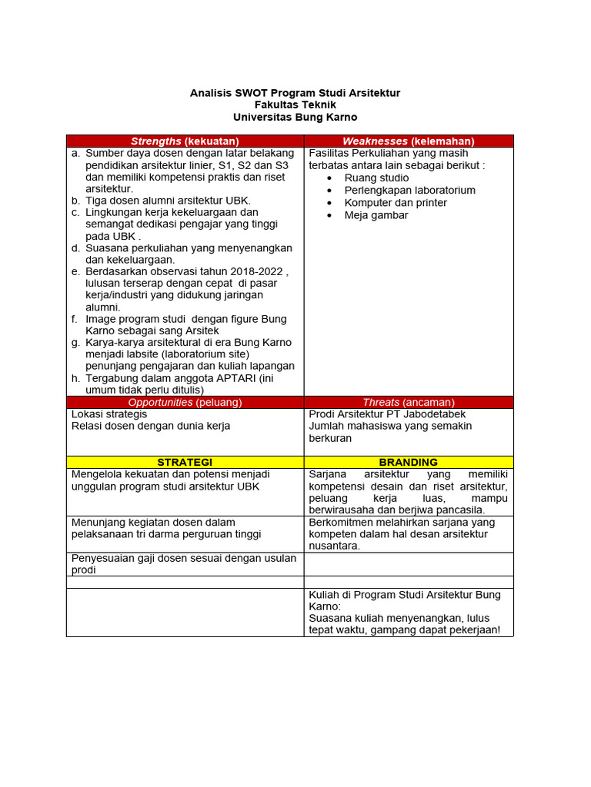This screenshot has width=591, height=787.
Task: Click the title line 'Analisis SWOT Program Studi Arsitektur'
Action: coord(295,93)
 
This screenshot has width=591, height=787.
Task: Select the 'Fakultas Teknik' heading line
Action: coord(295,105)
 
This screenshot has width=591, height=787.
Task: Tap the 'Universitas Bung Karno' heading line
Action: coord(295,118)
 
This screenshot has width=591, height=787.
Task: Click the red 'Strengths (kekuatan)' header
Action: coord(185,141)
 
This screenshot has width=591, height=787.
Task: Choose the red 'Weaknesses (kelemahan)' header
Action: coord(408,141)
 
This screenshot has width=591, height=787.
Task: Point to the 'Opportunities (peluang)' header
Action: coord(185,403)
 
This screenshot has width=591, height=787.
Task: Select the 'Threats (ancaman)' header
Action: coord(408,403)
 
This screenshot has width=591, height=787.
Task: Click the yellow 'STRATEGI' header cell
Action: coord(185,462)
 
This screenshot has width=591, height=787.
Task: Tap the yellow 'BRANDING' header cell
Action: coord(408,462)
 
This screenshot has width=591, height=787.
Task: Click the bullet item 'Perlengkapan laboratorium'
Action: coord(409,190)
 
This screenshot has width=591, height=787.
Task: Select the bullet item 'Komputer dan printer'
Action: coord(396,203)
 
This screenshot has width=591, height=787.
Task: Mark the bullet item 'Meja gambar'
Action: coord(376,215)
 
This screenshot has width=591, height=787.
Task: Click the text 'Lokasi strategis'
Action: coord(109,414)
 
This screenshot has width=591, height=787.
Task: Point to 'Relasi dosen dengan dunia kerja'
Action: coord(150,426)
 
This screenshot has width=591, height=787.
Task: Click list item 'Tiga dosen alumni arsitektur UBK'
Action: coord(168,201)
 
